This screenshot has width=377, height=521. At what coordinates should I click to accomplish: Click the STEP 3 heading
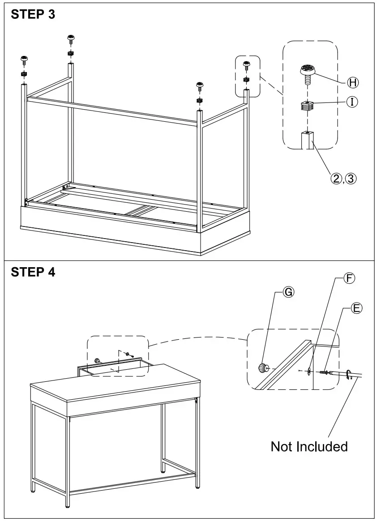33,14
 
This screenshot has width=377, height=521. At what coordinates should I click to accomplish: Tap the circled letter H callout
354,82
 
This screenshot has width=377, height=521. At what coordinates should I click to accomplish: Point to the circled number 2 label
336,179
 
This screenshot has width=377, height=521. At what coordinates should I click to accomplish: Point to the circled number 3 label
351,179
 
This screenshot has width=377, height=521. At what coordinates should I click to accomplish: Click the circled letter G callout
288,292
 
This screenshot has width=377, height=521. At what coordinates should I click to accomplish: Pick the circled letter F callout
349,278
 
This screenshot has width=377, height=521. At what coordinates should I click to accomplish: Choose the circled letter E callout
357,308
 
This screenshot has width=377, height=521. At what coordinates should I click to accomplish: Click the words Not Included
309,446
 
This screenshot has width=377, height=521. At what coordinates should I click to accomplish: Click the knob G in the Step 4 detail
262,368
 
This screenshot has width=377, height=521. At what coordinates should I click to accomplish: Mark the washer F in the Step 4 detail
309,371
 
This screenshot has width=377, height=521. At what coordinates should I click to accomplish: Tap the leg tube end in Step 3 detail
307,138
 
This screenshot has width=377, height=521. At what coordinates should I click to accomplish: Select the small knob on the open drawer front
96,360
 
